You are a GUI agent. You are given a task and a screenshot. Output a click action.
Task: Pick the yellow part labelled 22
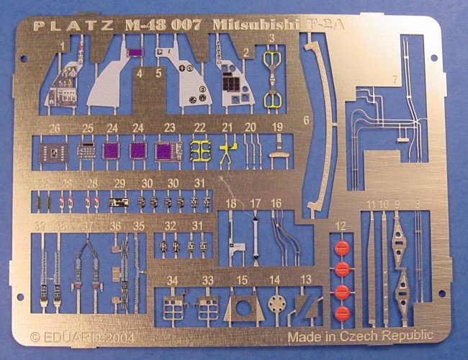[x=199, y=151]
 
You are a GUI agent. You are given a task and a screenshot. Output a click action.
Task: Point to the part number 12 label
[x=341, y=228]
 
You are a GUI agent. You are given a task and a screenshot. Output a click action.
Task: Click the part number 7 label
[x=395, y=78]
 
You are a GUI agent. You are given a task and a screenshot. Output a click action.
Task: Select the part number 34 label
[x=172, y=280]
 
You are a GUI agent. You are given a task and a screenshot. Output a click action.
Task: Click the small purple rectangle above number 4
[x=135, y=53]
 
